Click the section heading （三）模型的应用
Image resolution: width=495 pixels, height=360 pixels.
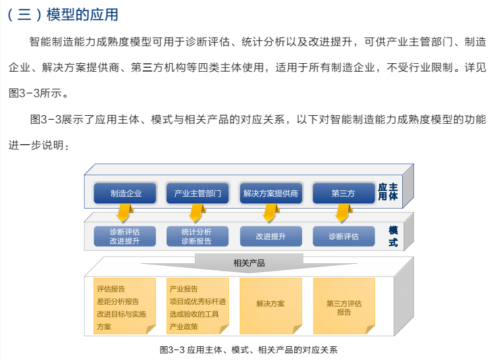[63, 14]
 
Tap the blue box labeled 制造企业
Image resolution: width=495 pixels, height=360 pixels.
[124, 193]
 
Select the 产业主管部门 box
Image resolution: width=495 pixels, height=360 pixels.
[197, 193]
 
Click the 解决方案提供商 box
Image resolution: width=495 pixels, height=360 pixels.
[271, 193]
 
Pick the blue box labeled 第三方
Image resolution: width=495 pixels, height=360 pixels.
[344, 193]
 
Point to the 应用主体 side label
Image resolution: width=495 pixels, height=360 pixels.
[388, 192]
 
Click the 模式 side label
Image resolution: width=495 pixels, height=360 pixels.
[393, 236]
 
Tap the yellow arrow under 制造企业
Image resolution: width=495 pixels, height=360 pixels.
[124, 213]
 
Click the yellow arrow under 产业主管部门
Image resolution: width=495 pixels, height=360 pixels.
[197, 213]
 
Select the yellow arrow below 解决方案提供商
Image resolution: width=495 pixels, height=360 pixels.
[271, 213]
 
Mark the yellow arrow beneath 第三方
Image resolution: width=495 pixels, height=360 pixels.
[344, 213]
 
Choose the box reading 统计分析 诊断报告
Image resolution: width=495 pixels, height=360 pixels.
[197, 236]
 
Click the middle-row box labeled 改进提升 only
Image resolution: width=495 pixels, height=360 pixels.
[271, 236]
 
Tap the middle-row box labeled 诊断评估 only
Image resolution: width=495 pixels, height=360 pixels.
[344, 236]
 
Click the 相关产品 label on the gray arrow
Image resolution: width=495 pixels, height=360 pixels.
[249, 263]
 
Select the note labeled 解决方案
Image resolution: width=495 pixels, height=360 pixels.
[271, 306]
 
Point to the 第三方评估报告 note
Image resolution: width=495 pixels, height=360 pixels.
[344, 306]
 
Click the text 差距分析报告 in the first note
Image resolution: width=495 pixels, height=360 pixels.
[118, 301]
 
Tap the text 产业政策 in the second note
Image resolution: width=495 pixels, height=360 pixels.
[184, 326]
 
